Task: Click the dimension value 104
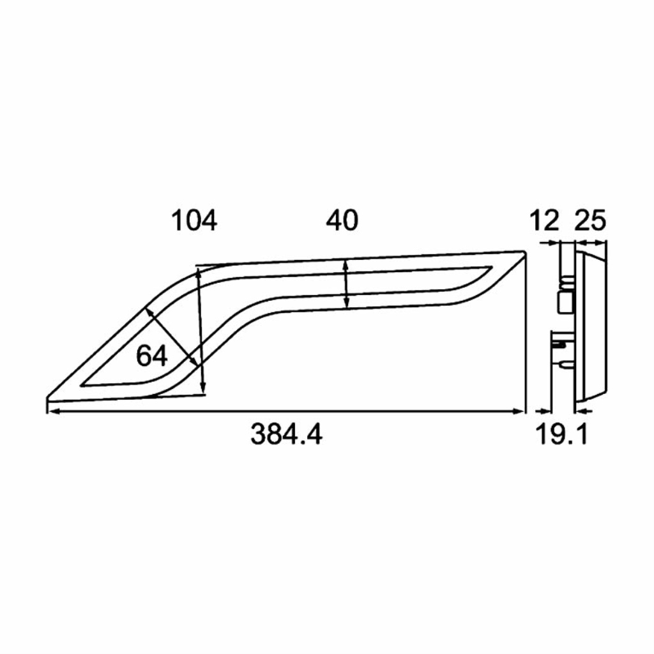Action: [194, 220]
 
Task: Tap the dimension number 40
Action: [342, 220]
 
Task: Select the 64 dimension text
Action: [152, 356]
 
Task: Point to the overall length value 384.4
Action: [286, 434]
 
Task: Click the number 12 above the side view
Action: [545, 220]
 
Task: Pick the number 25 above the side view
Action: [590, 220]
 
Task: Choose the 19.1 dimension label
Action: [561, 434]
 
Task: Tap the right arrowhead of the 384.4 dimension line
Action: [520, 411]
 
